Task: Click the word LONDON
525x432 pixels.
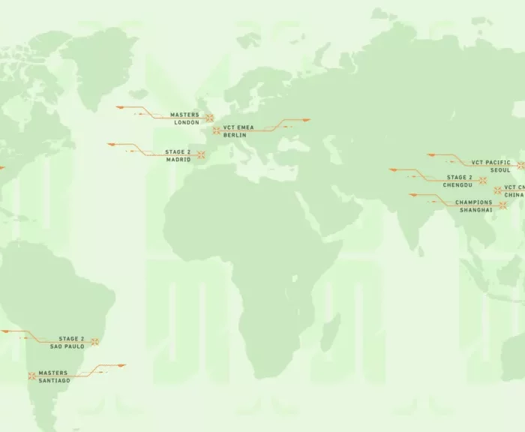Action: point(187,121)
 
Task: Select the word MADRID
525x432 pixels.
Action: point(178,159)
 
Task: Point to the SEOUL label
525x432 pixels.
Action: point(500,170)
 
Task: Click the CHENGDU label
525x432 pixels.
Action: point(457,184)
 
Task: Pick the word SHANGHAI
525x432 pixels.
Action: point(476,210)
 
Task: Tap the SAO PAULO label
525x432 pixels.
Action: point(67,346)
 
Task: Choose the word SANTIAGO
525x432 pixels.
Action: point(54,380)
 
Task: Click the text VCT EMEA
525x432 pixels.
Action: point(238,127)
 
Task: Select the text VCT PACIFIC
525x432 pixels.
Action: point(491,163)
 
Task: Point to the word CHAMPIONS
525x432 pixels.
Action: point(474,202)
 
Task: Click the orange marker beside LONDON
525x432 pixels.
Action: point(210,118)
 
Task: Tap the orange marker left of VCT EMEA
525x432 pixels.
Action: point(216,130)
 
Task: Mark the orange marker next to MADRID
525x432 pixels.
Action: point(201,155)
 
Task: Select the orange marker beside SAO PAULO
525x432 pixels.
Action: point(95,342)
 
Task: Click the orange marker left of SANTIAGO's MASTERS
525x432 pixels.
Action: point(31,376)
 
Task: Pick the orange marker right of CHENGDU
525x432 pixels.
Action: point(484,181)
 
